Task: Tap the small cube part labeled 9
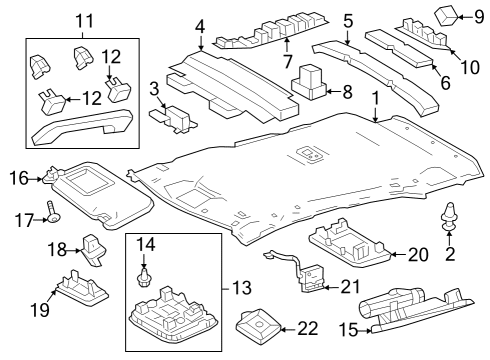click(x=447, y=15)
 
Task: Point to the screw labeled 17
click(x=49, y=213)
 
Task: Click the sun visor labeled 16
click(x=96, y=187)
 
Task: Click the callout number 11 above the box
click(x=84, y=19)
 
